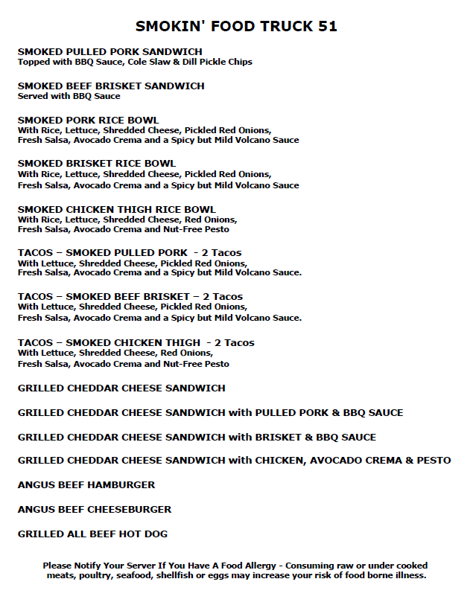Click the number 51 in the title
(x=328, y=27)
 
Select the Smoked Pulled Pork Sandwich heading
(x=110, y=51)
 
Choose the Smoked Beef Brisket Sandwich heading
(x=111, y=86)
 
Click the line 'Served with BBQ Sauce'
(x=69, y=96)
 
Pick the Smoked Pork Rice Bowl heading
(x=88, y=120)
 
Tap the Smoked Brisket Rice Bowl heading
(x=97, y=163)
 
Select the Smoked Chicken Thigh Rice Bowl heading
(x=116, y=209)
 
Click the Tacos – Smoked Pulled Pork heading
(x=130, y=252)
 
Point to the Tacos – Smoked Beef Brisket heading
(x=130, y=296)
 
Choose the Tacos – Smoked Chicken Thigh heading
(x=136, y=342)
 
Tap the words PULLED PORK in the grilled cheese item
(x=288, y=412)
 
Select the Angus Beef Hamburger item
(x=86, y=484)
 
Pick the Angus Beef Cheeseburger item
(x=95, y=509)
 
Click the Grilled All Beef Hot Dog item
(x=92, y=534)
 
